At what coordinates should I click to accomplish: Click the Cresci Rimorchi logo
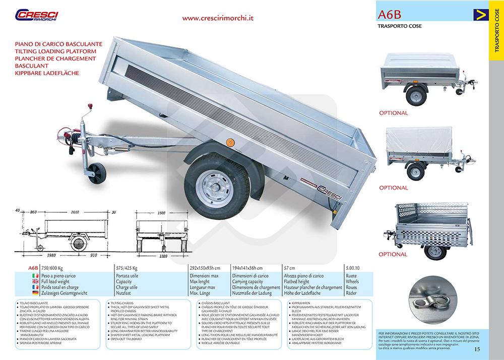coord(37,15)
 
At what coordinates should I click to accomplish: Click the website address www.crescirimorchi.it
coord(218,18)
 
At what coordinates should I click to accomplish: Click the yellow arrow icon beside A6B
coord(481,15)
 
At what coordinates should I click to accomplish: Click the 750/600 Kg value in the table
coord(56,268)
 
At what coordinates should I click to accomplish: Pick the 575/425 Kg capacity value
coord(127,268)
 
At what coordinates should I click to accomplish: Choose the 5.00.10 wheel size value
coord(354,268)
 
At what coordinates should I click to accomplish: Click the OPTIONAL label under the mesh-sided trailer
coord(393,255)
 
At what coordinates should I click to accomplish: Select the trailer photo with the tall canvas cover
coord(427,151)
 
